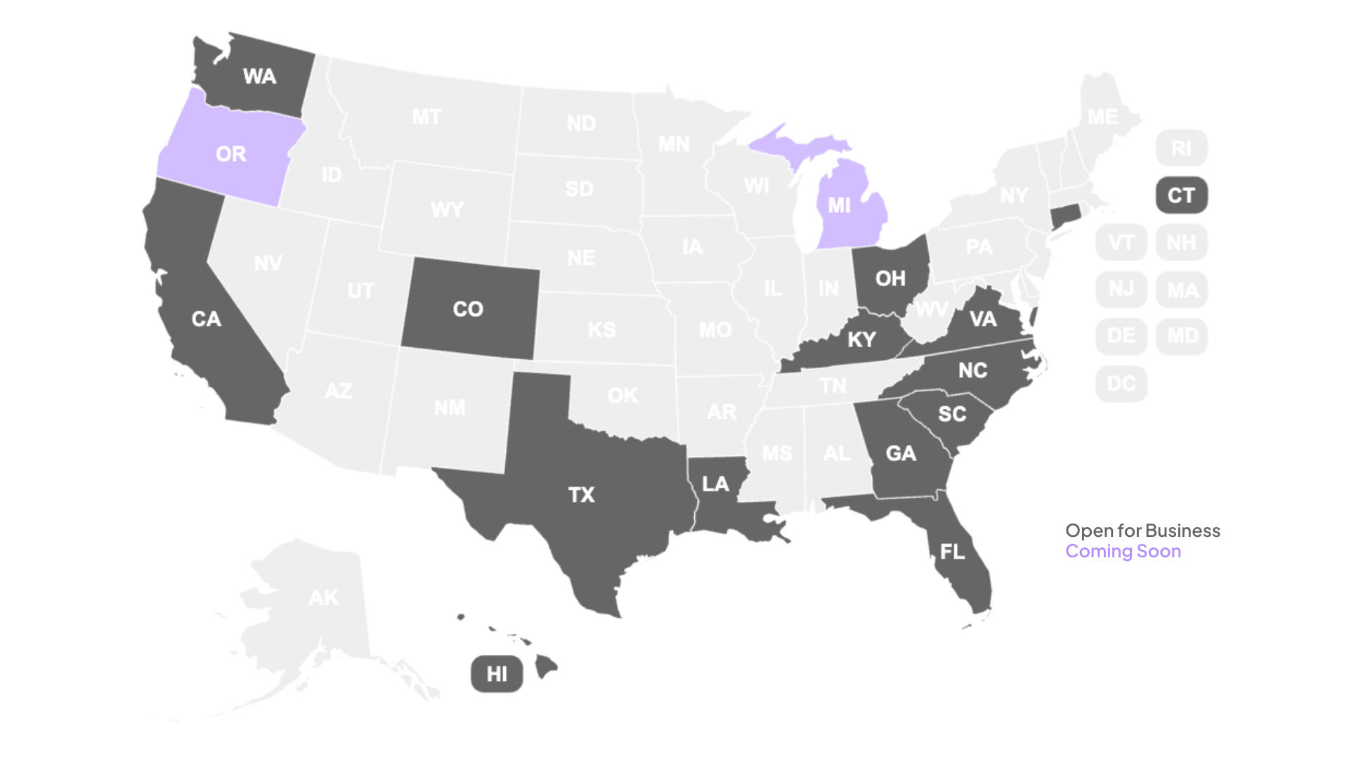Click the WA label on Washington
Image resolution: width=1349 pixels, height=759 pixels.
coord(259,77)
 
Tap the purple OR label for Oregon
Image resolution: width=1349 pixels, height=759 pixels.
coord(231,154)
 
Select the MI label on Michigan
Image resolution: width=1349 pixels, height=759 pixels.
coord(839,205)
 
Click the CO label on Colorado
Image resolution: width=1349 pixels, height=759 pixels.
coord(468,309)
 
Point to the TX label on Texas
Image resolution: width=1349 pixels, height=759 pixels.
coord(581,495)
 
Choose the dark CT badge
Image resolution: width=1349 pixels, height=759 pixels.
coord(1181,195)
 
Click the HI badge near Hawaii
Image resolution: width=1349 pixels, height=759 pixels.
coord(497,674)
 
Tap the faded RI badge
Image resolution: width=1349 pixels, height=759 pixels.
coord(1181,148)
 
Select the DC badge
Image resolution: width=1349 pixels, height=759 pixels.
coord(1121,384)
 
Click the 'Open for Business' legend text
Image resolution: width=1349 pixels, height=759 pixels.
coord(1142,531)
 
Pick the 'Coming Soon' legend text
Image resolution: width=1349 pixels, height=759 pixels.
coord(1123,551)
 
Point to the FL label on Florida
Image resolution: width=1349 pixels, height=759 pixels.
coord(952,552)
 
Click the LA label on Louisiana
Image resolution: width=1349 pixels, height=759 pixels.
coord(715,484)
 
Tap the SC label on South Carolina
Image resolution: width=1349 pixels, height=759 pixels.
coord(952,414)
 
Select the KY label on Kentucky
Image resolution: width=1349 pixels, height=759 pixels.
coord(861,340)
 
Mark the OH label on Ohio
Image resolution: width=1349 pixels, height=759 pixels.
coord(890,279)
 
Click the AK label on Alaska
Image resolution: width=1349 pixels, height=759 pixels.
coord(323,597)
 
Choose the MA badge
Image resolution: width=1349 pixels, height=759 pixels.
coord(1182,290)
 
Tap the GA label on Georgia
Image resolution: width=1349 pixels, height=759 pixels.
coord(901,453)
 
